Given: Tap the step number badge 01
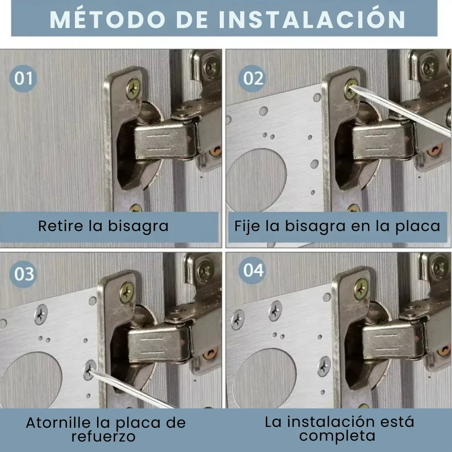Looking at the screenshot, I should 23,78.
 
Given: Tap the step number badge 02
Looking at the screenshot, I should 252,78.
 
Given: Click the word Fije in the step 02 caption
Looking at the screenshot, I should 247,226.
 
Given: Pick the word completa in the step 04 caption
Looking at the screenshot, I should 337,436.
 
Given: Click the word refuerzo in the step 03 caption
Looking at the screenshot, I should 103,437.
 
